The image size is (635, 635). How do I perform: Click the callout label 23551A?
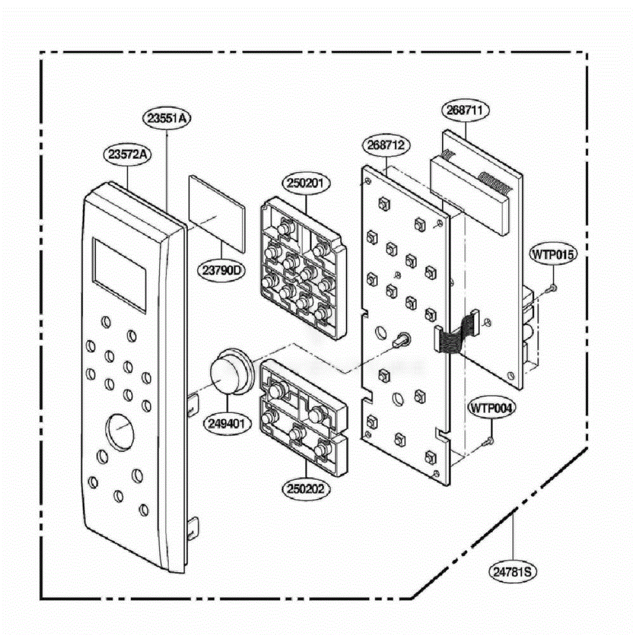click(x=167, y=119)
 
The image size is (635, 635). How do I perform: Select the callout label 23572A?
click(x=127, y=155)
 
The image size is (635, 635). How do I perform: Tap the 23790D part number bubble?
click(x=221, y=270)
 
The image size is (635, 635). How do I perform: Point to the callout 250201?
click(x=306, y=183)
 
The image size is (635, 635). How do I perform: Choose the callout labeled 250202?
click(x=306, y=489)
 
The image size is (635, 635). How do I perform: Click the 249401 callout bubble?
click(x=228, y=423)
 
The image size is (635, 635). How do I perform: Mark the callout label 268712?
click(x=386, y=145)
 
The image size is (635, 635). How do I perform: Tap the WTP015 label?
click(x=553, y=254)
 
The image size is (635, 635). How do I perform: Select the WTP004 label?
click(x=491, y=409)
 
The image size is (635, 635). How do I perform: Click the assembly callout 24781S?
click(x=512, y=571)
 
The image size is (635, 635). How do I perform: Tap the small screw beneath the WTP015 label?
click(x=551, y=289)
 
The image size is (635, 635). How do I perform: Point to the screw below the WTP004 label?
click(x=488, y=441)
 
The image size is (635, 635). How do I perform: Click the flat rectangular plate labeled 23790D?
click(x=217, y=214)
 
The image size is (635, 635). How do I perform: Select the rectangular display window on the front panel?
click(x=119, y=275)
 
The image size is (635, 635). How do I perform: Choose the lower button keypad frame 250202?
click(x=304, y=418)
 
